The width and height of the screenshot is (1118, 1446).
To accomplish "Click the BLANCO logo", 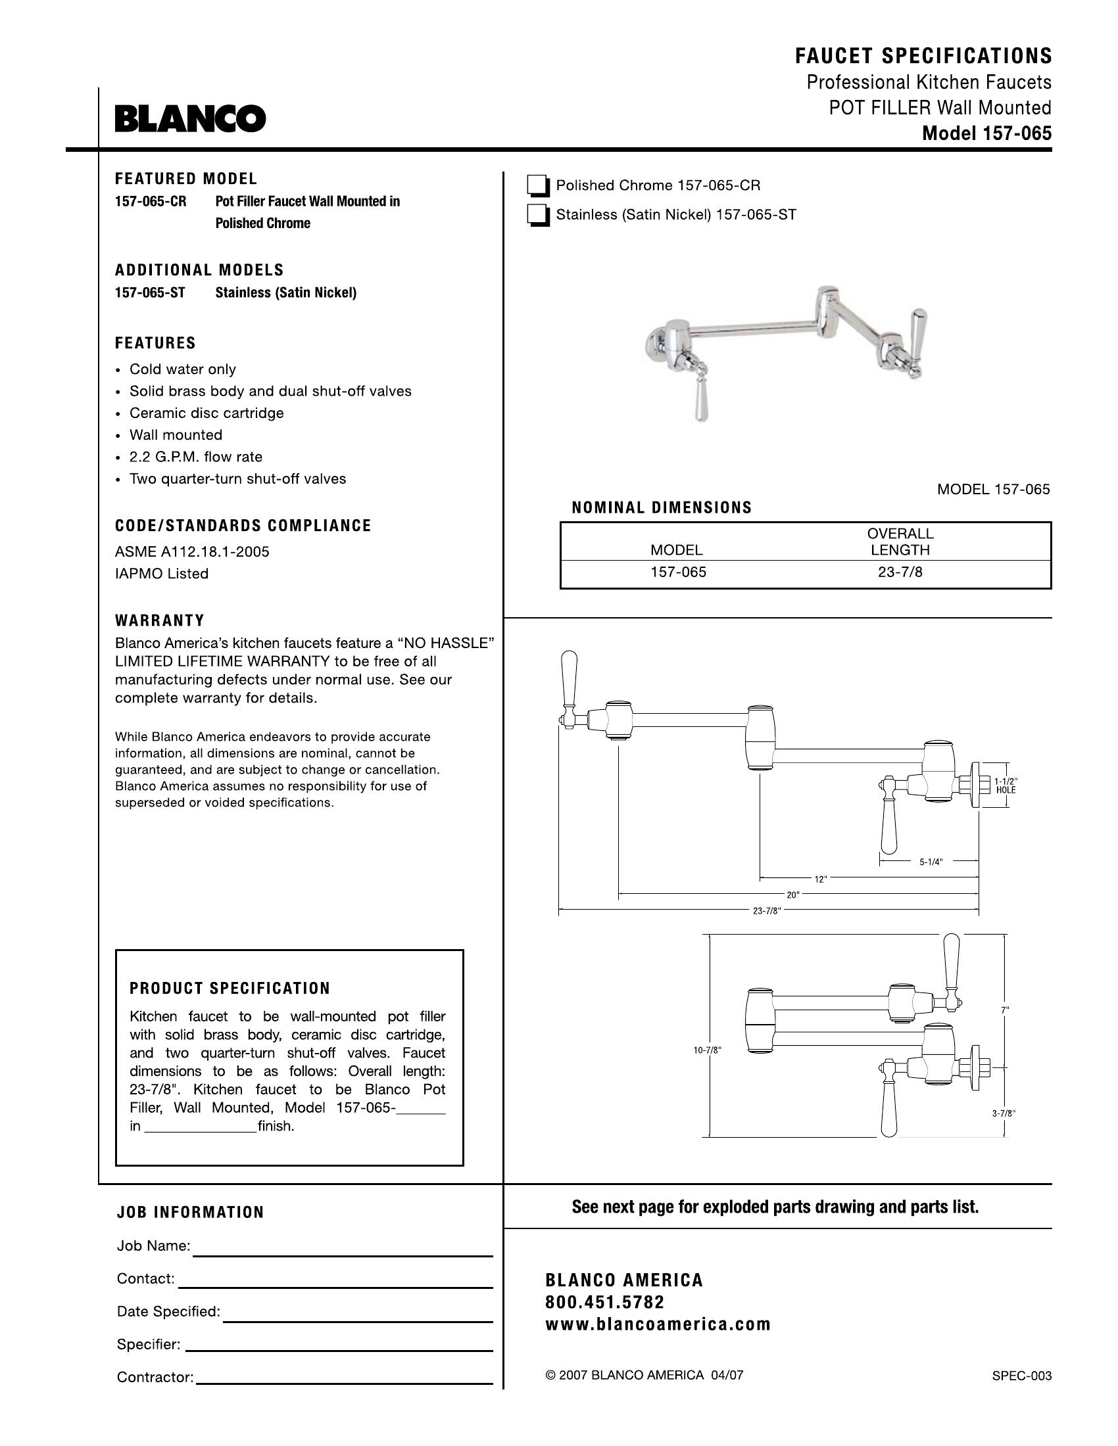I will [190, 119].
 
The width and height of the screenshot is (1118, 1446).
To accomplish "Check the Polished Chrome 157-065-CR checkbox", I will [538, 187].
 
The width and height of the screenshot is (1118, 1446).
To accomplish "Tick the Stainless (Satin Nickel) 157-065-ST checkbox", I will [538, 216].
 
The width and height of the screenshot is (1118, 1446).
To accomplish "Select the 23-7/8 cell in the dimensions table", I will [900, 572].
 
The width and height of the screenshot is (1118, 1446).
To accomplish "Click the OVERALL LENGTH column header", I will [900, 542].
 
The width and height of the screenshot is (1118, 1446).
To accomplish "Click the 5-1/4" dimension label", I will [931, 862].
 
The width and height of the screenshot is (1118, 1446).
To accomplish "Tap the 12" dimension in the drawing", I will [821, 879].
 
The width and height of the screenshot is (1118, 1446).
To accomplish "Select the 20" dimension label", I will [793, 895].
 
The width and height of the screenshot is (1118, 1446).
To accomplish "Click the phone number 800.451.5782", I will [604, 1302].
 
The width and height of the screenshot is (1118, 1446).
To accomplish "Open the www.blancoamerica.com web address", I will [658, 1324].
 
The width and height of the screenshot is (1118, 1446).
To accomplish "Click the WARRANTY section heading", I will [160, 620].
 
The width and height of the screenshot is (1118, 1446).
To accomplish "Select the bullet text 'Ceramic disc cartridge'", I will [206, 413].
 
